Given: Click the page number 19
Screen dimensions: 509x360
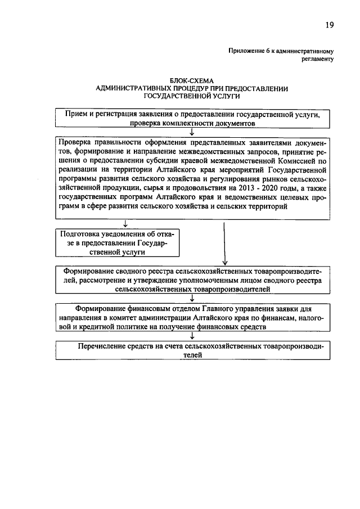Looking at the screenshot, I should click(x=330, y=25).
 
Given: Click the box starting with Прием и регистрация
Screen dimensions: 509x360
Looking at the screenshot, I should click(x=192, y=118).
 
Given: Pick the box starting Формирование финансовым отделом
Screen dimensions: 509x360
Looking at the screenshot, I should click(x=192, y=317).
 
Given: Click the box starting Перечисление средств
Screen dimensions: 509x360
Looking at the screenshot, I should click(x=192, y=352).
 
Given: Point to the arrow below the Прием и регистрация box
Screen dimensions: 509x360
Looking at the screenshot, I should click(x=192, y=132).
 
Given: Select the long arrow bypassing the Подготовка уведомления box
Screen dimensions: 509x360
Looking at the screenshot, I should click(x=224, y=242).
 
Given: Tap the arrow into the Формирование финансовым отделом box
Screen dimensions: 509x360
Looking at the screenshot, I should click(x=192, y=299).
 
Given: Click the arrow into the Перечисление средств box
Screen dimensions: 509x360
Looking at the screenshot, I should click(x=192, y=336).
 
